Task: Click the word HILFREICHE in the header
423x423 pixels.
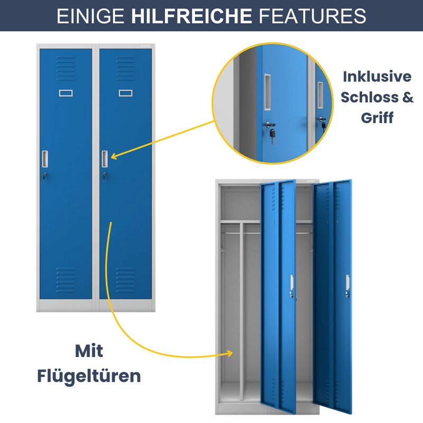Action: coord(191,16)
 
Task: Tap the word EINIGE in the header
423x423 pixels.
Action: coord(90,16)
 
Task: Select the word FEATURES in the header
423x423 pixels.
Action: coord(312,16)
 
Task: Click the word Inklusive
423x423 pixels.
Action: coord(377,77)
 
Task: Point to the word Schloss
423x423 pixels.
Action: coord(370,97)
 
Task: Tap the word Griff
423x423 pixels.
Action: coord(377,117)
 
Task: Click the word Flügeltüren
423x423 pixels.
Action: coord(89,376)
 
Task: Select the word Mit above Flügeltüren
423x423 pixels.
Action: coord(89,351)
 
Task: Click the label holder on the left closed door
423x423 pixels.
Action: coord(66,93)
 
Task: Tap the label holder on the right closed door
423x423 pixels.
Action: coord(126,93)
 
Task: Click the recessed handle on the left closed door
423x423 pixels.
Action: coord(45,159)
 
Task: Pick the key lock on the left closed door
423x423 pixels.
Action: coord(44,176)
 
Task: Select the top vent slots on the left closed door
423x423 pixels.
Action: coord(66,69)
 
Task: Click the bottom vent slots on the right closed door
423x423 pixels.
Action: coord(126,280)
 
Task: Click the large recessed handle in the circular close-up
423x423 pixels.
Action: coord(268,92)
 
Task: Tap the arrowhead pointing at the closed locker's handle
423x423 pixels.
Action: coord(114,156)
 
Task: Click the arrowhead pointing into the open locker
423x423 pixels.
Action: coord(229,353)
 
